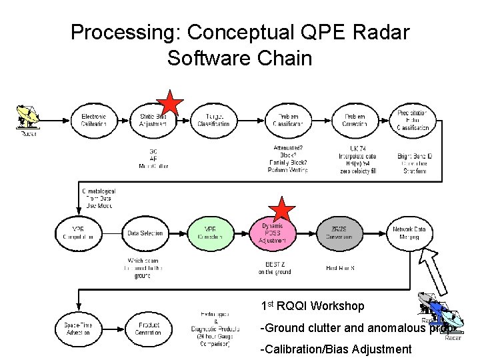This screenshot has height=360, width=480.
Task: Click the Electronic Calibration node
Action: pos(93,120)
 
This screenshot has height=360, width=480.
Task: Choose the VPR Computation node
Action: pos(78,233)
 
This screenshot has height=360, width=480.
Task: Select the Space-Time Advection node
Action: pos(78,329)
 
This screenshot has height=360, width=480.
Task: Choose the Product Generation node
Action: pos(148,329)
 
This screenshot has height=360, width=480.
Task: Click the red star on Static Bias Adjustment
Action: pos(171,105)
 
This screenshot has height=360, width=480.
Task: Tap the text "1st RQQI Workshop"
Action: pos(313,306)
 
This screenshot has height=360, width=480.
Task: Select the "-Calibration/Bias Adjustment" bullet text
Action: pos(336,349)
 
